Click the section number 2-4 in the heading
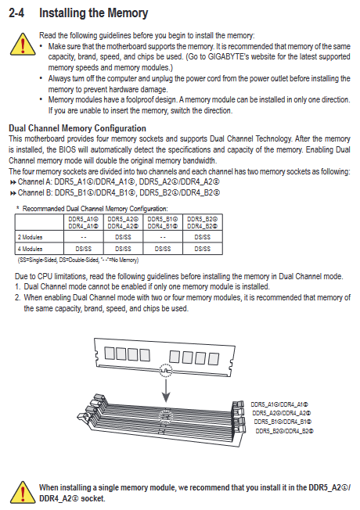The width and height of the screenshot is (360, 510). click(x=16, y=13)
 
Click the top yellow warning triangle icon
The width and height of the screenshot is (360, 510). click(x=23, y=44)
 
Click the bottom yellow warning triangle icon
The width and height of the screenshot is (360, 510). click(x=23, y=492)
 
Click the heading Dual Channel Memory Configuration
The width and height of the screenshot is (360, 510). click(x=77, y=128)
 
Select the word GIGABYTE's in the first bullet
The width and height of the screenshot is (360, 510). click(x=229, y=56)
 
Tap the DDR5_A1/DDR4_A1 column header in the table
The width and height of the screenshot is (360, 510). click(x=83, y=222)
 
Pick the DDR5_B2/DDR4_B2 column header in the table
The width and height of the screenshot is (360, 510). click(x=203, y=222)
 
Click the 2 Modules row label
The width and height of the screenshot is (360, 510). click(x=30, y=237)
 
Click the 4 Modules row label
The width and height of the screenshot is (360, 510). click(x=30, y=249)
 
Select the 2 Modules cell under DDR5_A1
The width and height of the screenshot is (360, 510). click(x=83, y=237)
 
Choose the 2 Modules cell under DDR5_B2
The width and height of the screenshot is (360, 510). click(x=203, y=237)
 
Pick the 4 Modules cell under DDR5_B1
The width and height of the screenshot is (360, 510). click(x=163, y=249)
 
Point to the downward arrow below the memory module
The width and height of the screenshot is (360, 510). click(x=166, y=390)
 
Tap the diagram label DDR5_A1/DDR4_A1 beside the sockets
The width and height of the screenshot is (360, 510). click(x=279, y=404)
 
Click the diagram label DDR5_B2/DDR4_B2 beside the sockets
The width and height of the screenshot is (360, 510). click(x=285, y=431)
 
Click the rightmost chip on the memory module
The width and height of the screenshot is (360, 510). click(x=214, y=359)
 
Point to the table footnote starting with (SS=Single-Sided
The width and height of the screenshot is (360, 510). click(x=78, y=260)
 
